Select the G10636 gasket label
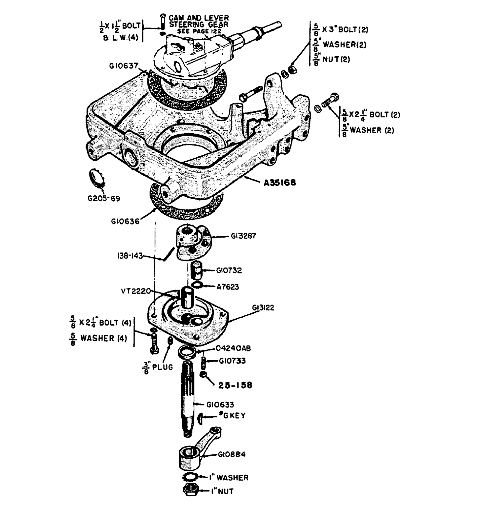click(x=124, y=221)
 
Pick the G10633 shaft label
click(x=221, y=404)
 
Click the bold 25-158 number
click(x=235, y=385)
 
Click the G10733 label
click(x=232, y=361)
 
